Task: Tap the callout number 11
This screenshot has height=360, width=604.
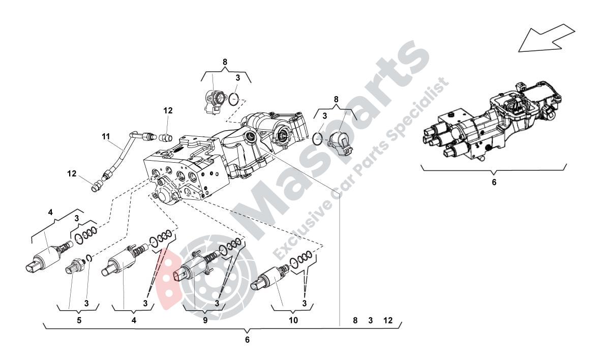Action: click(105, 136)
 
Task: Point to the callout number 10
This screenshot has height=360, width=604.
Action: click(293, 321)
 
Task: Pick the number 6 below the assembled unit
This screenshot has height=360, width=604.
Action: click(494, 182)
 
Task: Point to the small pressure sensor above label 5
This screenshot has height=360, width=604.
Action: click(76, 265)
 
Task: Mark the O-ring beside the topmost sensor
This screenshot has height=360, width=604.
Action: click(233, 98)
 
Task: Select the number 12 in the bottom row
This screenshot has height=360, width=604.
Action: click(388, 320)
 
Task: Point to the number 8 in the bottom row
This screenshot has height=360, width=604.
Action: click(355, 320)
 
